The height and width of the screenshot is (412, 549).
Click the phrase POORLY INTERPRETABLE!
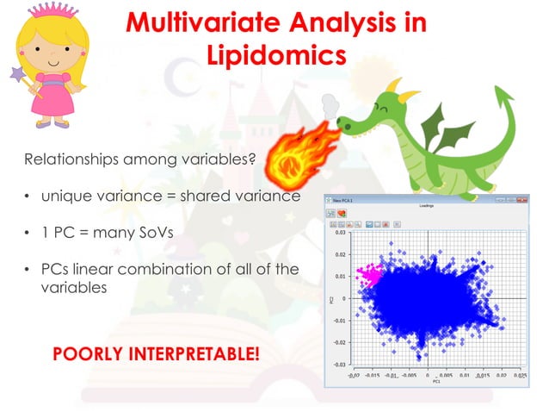[x=156, y=354]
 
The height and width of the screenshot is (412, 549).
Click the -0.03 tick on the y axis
[x=340, y=365]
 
